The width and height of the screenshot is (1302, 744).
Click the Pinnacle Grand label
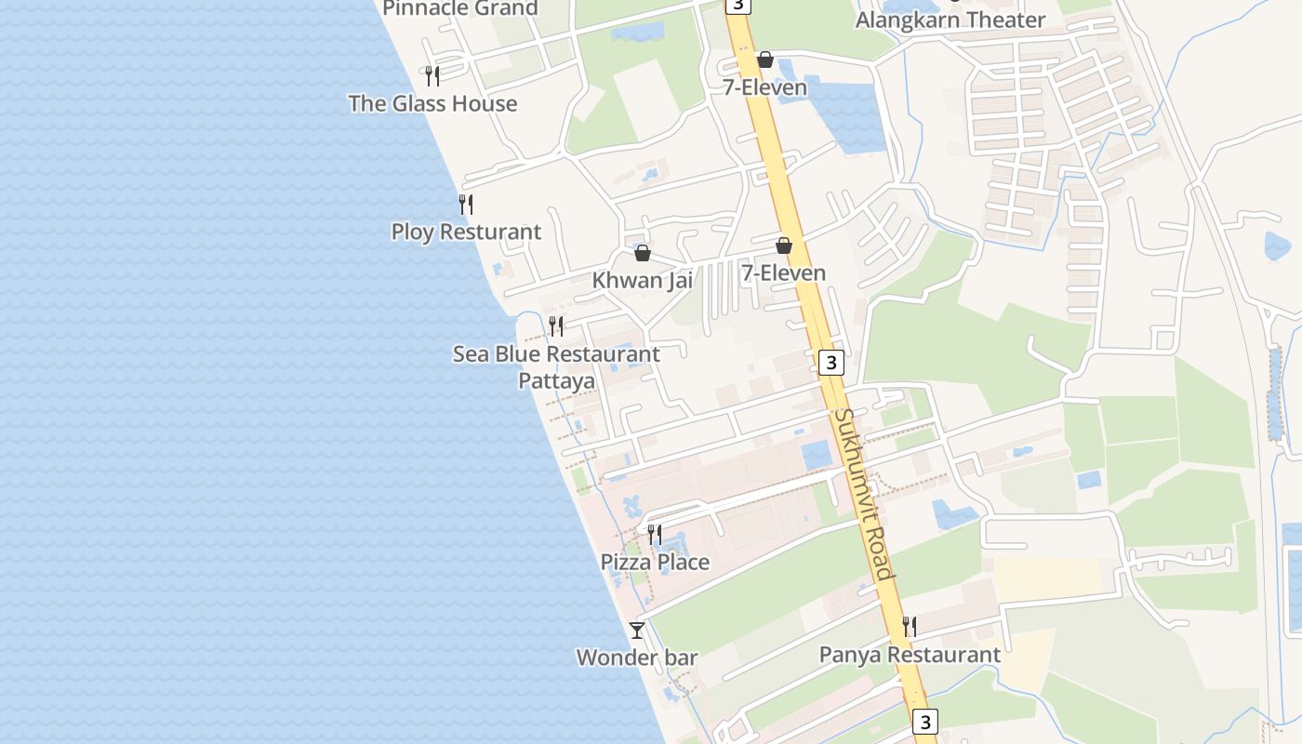(x=460, y=8)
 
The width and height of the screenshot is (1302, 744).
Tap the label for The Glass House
(x=432, y=103)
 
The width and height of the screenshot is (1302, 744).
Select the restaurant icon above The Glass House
(x=432, y=75)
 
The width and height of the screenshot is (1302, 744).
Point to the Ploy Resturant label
(x=466, y=232)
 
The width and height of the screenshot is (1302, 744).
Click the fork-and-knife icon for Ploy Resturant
(x=466, y=204)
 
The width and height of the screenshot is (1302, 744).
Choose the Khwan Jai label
(x=643, y=280)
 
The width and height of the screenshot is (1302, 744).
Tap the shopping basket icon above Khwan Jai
(x=642, y=253)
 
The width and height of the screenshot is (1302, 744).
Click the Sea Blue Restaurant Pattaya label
(x=556, y=367)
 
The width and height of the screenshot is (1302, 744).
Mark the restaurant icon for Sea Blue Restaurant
(x=556, y=325)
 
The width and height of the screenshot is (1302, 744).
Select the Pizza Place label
(x=655, y=562)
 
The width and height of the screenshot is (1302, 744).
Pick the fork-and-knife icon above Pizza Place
(x=655, y=534)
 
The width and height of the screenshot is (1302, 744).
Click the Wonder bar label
(x=637, y=658)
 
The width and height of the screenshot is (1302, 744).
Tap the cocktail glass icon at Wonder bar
(x=637, y=631)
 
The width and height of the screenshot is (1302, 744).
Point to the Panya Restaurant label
(x=910, y=655)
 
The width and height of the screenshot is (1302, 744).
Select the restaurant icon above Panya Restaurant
(x=910, y=626)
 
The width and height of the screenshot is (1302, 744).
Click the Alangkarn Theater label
(x=950, y=20)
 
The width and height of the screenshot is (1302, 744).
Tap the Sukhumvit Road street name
(x=864, y=493)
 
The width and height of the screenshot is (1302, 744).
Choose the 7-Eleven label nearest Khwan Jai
(x=784, y=272)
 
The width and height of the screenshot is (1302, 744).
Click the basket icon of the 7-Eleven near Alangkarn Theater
(x=765, y=60)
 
